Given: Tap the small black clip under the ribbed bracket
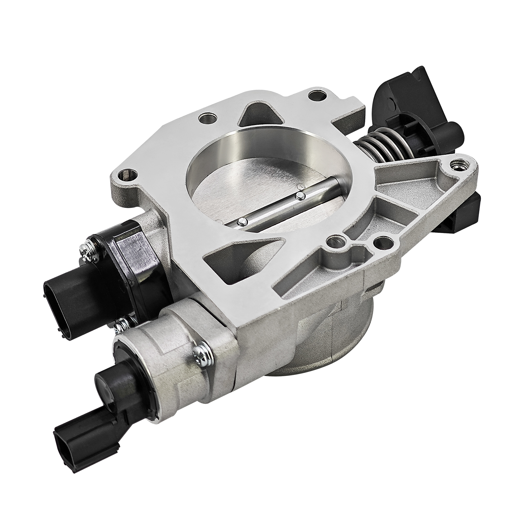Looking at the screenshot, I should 470,213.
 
